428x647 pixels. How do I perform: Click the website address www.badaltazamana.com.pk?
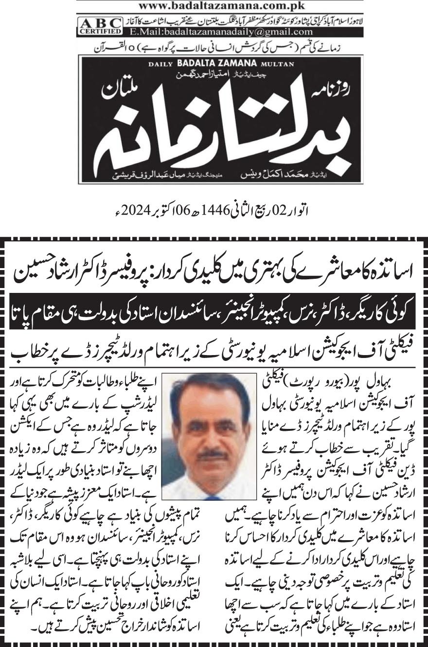click(214, 6)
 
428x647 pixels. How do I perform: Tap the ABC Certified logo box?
click(99, 26)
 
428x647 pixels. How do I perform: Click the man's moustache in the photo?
click(213, 455)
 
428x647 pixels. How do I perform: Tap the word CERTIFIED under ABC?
click(99, 32)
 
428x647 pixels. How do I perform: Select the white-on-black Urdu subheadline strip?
click(214, 316)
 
